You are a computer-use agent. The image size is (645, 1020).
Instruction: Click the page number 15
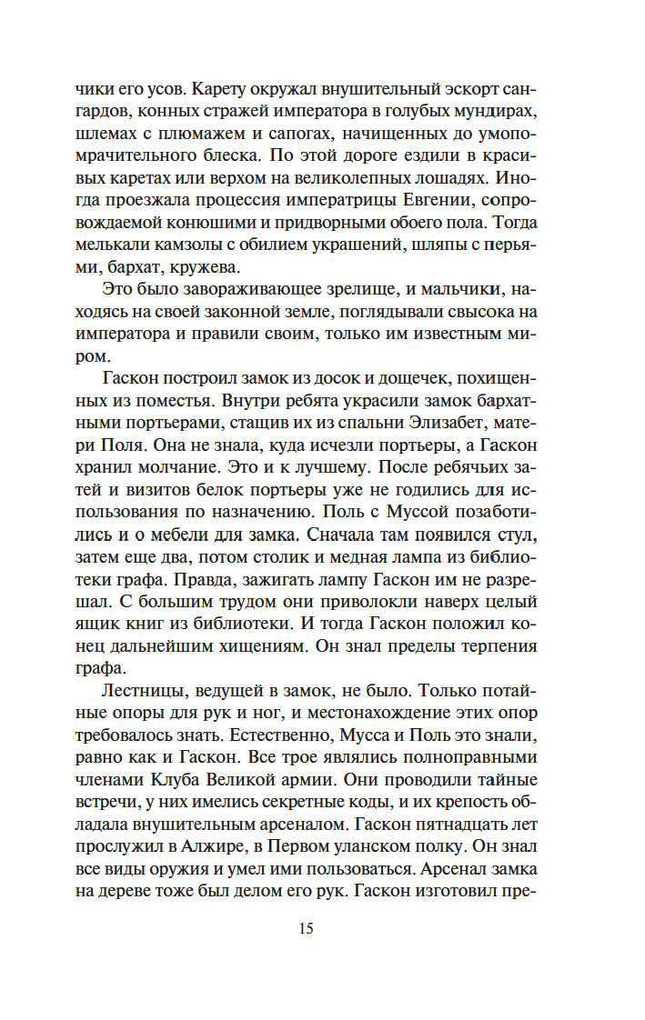(x=305, y=928)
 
